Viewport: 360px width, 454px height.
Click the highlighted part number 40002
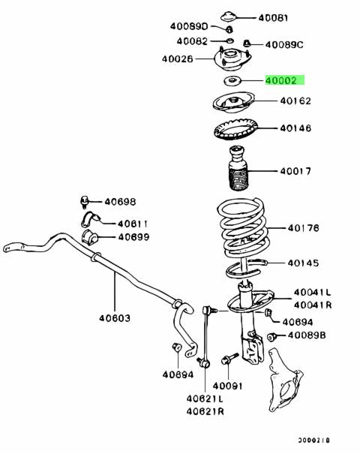click(x=281, y=80)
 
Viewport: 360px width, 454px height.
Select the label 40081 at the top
click(x=273, y=18)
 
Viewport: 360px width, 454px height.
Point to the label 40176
click(x=303, y=228)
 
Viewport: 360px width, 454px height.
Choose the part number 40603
click(x=115, y=318)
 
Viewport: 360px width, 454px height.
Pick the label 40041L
click(x=312, y=293)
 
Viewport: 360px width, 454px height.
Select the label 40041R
click(x=313, y=305)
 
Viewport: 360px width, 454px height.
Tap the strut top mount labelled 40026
click(x=232, y=59)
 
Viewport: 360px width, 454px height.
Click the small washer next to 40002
click(x=232, y=81)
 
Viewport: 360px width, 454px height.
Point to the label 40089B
click(x=307, y=335)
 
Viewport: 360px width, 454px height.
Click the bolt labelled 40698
click(x=84, y=202)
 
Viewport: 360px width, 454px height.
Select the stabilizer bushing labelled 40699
click(x=89, y=237)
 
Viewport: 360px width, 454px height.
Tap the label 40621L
click(x=205, y=398)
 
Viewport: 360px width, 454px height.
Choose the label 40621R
click(x=205, y=411)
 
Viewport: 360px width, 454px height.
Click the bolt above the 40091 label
click(x=229, y=359)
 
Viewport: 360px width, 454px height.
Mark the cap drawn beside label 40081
click(x=229, y=17)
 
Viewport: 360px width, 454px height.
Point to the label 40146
click(x=295, y=128)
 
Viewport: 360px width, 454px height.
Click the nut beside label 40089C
click(x=246, y=44)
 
